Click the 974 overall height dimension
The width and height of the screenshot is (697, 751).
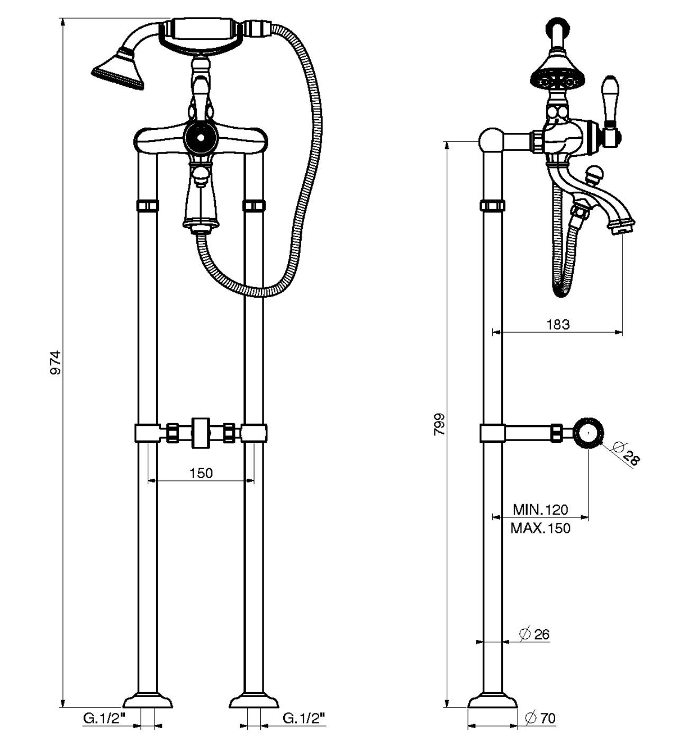tap(55, 362)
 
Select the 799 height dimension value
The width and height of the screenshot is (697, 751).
tap(439, 424)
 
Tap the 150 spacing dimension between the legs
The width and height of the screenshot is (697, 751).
tap(201, 472)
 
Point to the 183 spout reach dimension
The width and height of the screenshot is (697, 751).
tap(558, 324)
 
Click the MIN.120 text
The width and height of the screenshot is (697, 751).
tap(540, 509)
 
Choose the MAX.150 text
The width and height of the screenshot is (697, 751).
tap(540, 528)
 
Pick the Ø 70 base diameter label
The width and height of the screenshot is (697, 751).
tap(540, 718)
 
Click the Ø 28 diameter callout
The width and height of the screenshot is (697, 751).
tap(626, 454)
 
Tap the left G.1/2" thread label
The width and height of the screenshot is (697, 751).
tap(104, 718)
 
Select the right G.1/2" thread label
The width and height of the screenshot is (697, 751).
tap(304, 718)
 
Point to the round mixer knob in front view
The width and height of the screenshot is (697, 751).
tap(200, 137)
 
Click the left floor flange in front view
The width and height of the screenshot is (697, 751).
tap(148, 700)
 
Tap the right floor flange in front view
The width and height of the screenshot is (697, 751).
tap(254, 700)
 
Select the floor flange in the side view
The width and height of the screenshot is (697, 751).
tap(492, 700)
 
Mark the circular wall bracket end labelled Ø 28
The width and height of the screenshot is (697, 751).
tap(589, 433)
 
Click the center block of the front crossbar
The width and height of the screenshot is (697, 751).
tap(201, 433)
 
